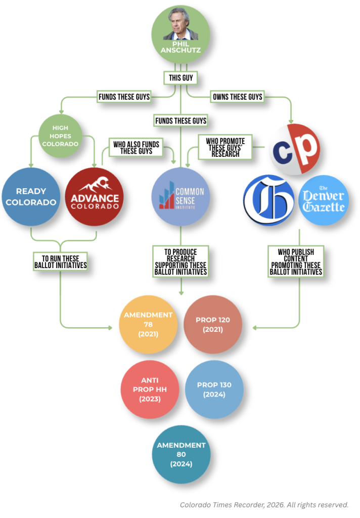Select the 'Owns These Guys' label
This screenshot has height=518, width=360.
pyautogui.click(x=238, y=97)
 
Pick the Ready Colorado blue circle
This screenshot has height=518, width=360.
pyautogui.click(x=30, y=197)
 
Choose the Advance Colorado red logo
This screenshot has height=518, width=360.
pyautogui.click(x=95, y=197)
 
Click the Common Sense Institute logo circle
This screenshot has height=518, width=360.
pyautogui.click(x=181, y=197)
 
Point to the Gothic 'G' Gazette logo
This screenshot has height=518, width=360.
pyautogui.click(x=268, y=200)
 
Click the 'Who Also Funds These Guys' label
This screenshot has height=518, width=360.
pyautogui.click(x=137, y=148)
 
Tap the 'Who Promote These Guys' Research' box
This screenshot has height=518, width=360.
pyautogui.click(x=226, y=147)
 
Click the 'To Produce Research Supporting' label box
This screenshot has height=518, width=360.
pyautogui.click(x=181, y=262)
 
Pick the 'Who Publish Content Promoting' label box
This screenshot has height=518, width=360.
pyautogui.click(x=296, y=262)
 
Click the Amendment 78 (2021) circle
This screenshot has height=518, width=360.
pyautogui.click(x=148, y=325)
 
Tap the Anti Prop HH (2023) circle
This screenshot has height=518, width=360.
pyautogui.click(x=150, y=390)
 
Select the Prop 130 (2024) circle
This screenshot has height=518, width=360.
pyautogui.click(x=214, y=390)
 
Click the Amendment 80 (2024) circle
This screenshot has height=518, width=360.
pyautogui.click(x=181, y=454)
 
